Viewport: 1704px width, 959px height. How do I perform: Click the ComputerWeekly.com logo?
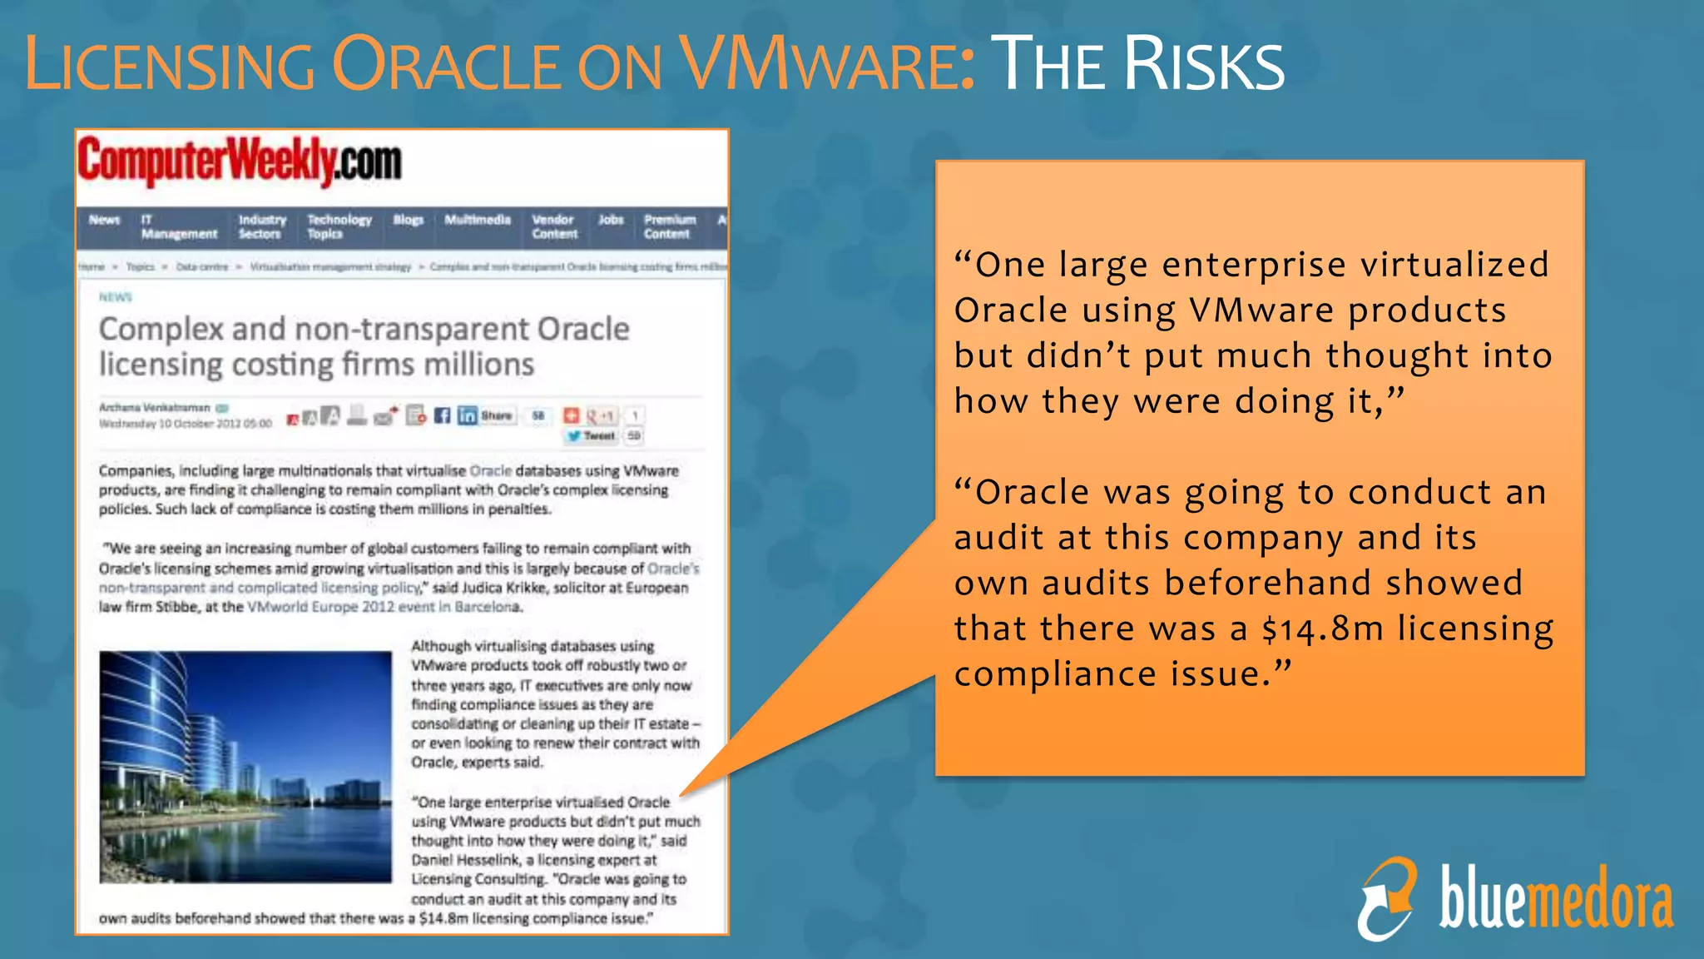[x=240, y=161]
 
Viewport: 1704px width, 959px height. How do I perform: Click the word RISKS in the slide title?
[x=1204, y=65]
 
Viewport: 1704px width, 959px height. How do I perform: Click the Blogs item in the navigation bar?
[x=409, y=220]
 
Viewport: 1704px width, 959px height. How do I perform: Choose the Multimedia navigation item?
[x=478, y=220]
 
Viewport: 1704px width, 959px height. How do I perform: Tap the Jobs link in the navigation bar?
[x=611, y=220]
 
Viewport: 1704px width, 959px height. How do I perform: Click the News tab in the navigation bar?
[x=105, y=220]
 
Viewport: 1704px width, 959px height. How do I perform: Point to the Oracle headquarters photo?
[x=245, y=767]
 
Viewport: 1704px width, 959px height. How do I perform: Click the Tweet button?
[x=592, y=435]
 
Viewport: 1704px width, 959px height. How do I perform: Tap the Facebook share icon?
[x=442, y=415]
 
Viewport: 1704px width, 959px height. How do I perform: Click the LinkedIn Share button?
[x=487, y=415]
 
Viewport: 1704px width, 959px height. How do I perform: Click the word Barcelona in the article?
[x=488, y=607]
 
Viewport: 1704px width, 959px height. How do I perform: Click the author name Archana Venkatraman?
[x=155, y=408]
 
